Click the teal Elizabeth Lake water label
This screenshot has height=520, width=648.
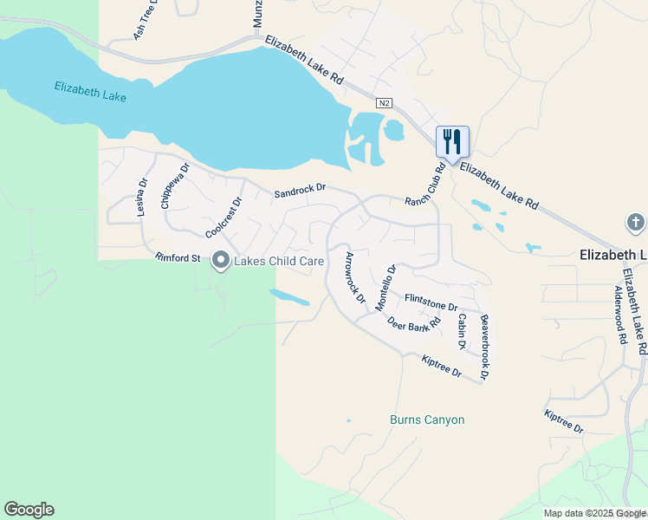click(90, 91)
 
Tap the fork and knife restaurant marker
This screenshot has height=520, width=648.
click(452, 140)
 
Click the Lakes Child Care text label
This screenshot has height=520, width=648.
click(276, 260)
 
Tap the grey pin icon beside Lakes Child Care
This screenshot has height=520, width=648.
click(220, 260)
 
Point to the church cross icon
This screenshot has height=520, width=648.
click(635, 223)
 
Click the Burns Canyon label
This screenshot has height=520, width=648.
click(426, 420)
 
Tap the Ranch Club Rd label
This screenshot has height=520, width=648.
click(424, 184)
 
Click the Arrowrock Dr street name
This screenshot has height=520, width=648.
click(355, 277)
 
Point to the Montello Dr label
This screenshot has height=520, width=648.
click(386, 288)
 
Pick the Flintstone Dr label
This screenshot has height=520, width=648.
click(431, 302)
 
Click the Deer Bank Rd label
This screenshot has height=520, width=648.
click(414, 326)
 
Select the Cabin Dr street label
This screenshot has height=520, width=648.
click(462, 331)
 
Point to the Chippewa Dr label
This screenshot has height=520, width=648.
click(174, 186)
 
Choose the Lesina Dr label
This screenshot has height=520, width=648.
click(143, 197)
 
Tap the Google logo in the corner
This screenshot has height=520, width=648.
click(29, 510)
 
